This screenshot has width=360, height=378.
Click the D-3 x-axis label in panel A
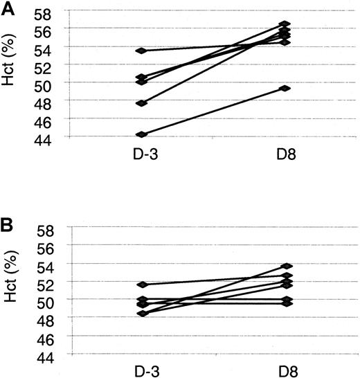(x=141, y=153)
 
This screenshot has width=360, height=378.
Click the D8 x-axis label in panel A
(x=285, y=153)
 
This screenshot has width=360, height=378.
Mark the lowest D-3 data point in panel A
(x=141, y=134)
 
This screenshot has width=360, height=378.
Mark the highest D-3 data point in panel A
(x=141, y=51)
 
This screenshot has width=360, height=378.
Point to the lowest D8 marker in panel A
(x=285, y=88)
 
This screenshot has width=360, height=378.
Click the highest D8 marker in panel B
(x=285, y=266)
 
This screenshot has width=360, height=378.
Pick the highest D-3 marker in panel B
(x=141, y=285)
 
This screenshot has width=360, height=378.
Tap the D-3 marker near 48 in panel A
(x=141, y=103)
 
